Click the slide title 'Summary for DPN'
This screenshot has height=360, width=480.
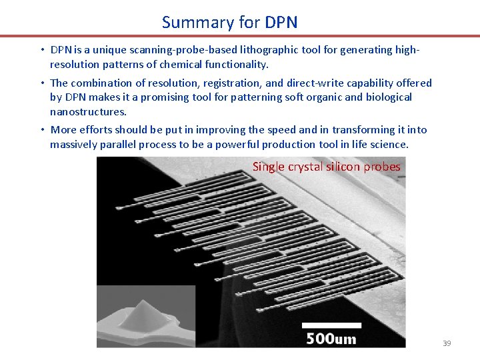tap(229, 22)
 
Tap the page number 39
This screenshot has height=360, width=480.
tap(447, 343)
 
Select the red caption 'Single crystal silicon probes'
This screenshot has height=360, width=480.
tap(326, 167)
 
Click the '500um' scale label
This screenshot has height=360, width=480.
tap(331, 339)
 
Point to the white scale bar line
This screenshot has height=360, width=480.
tap(331, 325)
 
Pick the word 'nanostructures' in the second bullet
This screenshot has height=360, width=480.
tap(88, 111)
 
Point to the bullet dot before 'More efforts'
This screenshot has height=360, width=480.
tap(41, 130)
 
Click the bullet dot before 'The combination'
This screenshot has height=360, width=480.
tap(41, 83)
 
